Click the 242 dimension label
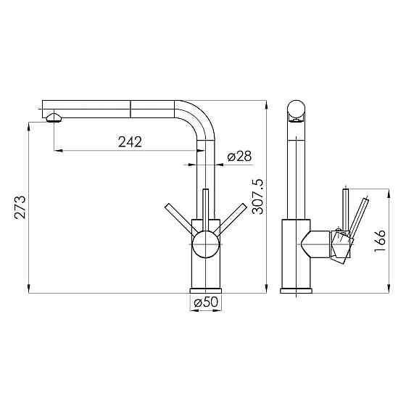pos(130,142)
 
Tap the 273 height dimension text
pos(20,207)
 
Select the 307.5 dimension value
pos(257,196)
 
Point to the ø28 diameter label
pos(239,156)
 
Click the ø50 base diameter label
pos(206,302)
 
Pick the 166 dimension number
pos(380,241)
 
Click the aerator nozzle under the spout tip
pos(54,117)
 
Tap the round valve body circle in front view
pos(206,244)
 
